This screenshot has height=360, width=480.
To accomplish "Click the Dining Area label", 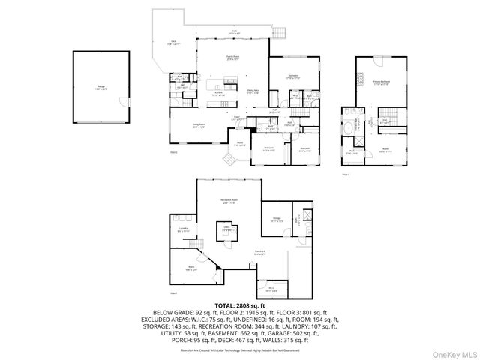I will [x=254, y=91].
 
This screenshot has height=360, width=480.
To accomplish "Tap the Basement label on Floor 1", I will [x=260, y=251].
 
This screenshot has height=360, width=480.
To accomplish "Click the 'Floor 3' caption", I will [x=346, y=174].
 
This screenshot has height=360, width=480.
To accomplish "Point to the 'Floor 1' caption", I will [x=173, y=292].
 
